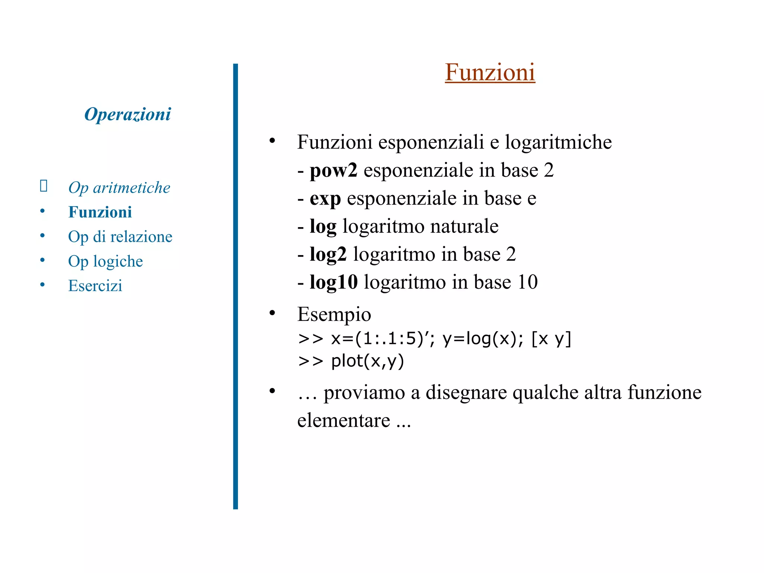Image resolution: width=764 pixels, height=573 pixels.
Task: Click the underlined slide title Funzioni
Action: pos(490,72)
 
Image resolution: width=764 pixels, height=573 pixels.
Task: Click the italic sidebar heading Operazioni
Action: pos(128,114)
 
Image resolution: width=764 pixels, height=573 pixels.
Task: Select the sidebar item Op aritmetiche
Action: pos(119,188)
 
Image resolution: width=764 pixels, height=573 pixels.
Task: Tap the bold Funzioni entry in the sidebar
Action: pos(100,212)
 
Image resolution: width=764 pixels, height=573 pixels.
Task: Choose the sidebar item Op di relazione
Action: pos(120,237)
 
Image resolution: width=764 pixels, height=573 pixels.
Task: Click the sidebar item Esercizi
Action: pos(95,286)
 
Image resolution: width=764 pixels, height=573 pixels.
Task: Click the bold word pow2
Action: pos(334,170)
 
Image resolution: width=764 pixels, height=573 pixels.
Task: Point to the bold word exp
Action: pos(325,198)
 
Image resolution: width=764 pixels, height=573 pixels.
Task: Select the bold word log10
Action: pos(334,282)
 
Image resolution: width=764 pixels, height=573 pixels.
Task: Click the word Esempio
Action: pos(334,314)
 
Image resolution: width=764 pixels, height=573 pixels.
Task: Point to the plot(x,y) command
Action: pos(367,361)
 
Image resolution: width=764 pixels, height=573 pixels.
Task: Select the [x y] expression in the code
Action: pos(551,339)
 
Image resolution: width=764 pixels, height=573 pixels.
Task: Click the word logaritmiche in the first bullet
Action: pos(558,142)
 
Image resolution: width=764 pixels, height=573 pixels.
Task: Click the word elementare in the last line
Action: pos(344,420)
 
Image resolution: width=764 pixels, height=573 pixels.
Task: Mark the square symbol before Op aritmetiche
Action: pos(44,185)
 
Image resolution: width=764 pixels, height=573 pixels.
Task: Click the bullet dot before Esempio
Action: pos(272,313)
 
